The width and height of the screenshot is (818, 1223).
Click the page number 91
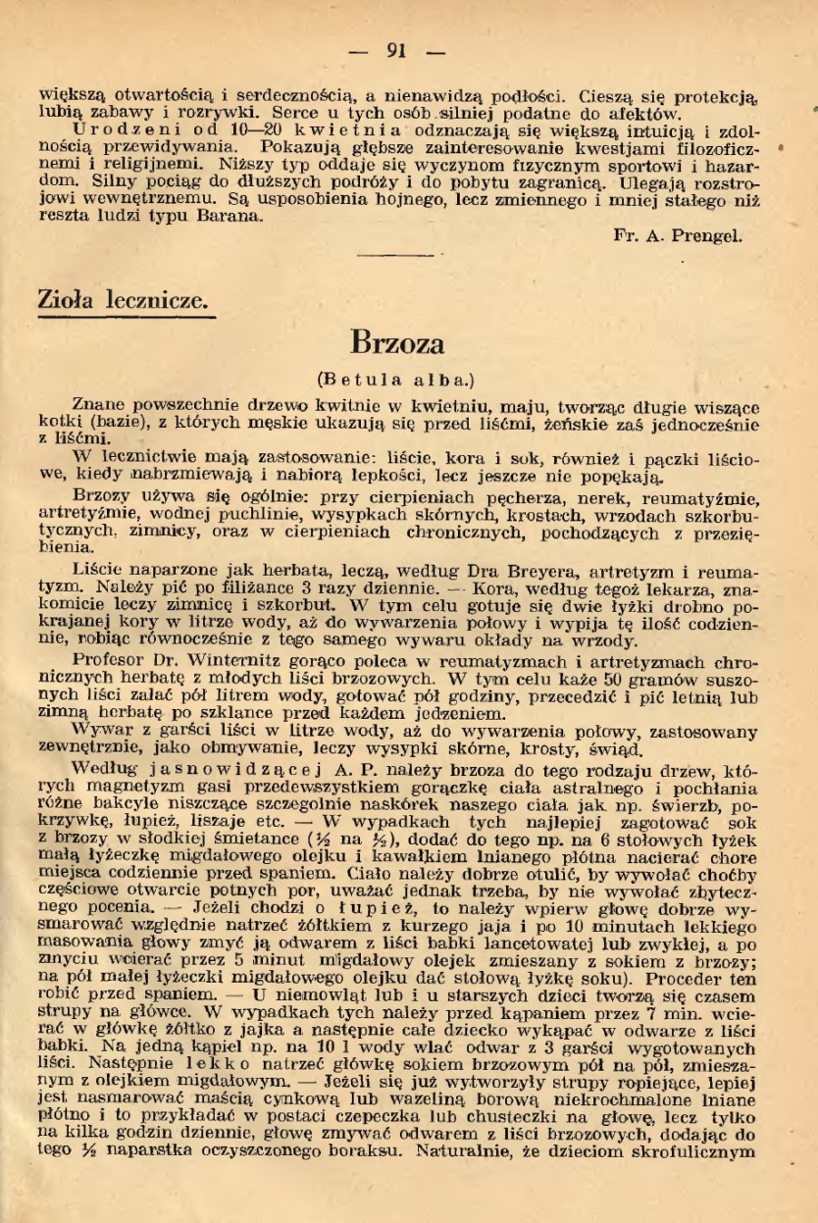396,51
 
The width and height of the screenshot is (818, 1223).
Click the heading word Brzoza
397,343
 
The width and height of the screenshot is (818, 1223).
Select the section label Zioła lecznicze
123,300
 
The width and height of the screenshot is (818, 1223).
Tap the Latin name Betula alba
396,379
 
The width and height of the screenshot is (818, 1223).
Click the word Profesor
110,662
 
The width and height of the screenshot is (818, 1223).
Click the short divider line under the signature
397,256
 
